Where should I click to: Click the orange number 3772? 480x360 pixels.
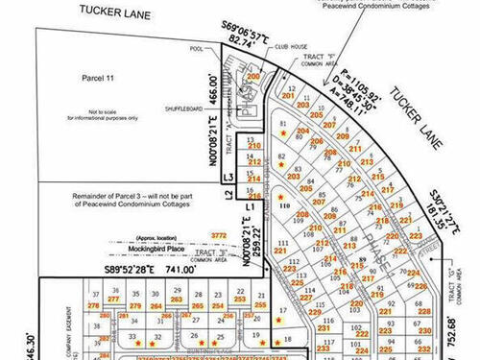[219, 234]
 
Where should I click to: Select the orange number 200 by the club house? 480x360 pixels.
[253, 76]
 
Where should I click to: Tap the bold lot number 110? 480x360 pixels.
[283, 205]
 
